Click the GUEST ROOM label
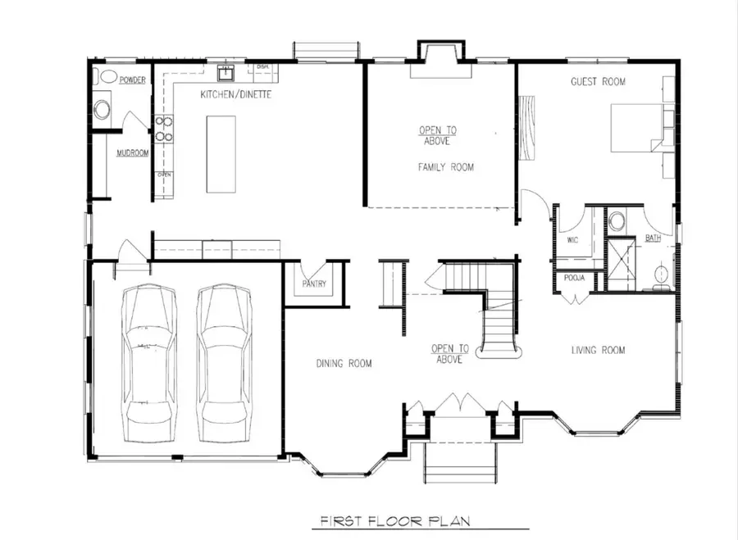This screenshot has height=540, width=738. (x=598, y=82)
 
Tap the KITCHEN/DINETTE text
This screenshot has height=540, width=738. (x=235, y=96)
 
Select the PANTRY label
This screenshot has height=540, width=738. (x=313, y=284)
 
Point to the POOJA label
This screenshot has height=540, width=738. (x=573, y=279)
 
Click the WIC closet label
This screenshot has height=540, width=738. (x=573, y=241)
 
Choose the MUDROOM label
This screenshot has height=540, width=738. (x=131, y=153)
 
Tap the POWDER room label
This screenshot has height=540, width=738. (x=132, y=80)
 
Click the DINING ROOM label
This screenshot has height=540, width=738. (x=344, y=363)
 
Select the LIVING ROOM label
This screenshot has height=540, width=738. (x=598, y=351)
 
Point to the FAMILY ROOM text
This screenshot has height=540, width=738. (x=445, y=167)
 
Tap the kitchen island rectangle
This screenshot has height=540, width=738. (x=221, y=153)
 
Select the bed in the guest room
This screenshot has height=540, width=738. (x=637, y=127)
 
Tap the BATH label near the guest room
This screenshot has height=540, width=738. (x=653, y=238)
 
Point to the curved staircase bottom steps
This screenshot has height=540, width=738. (x=499, y=348)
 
